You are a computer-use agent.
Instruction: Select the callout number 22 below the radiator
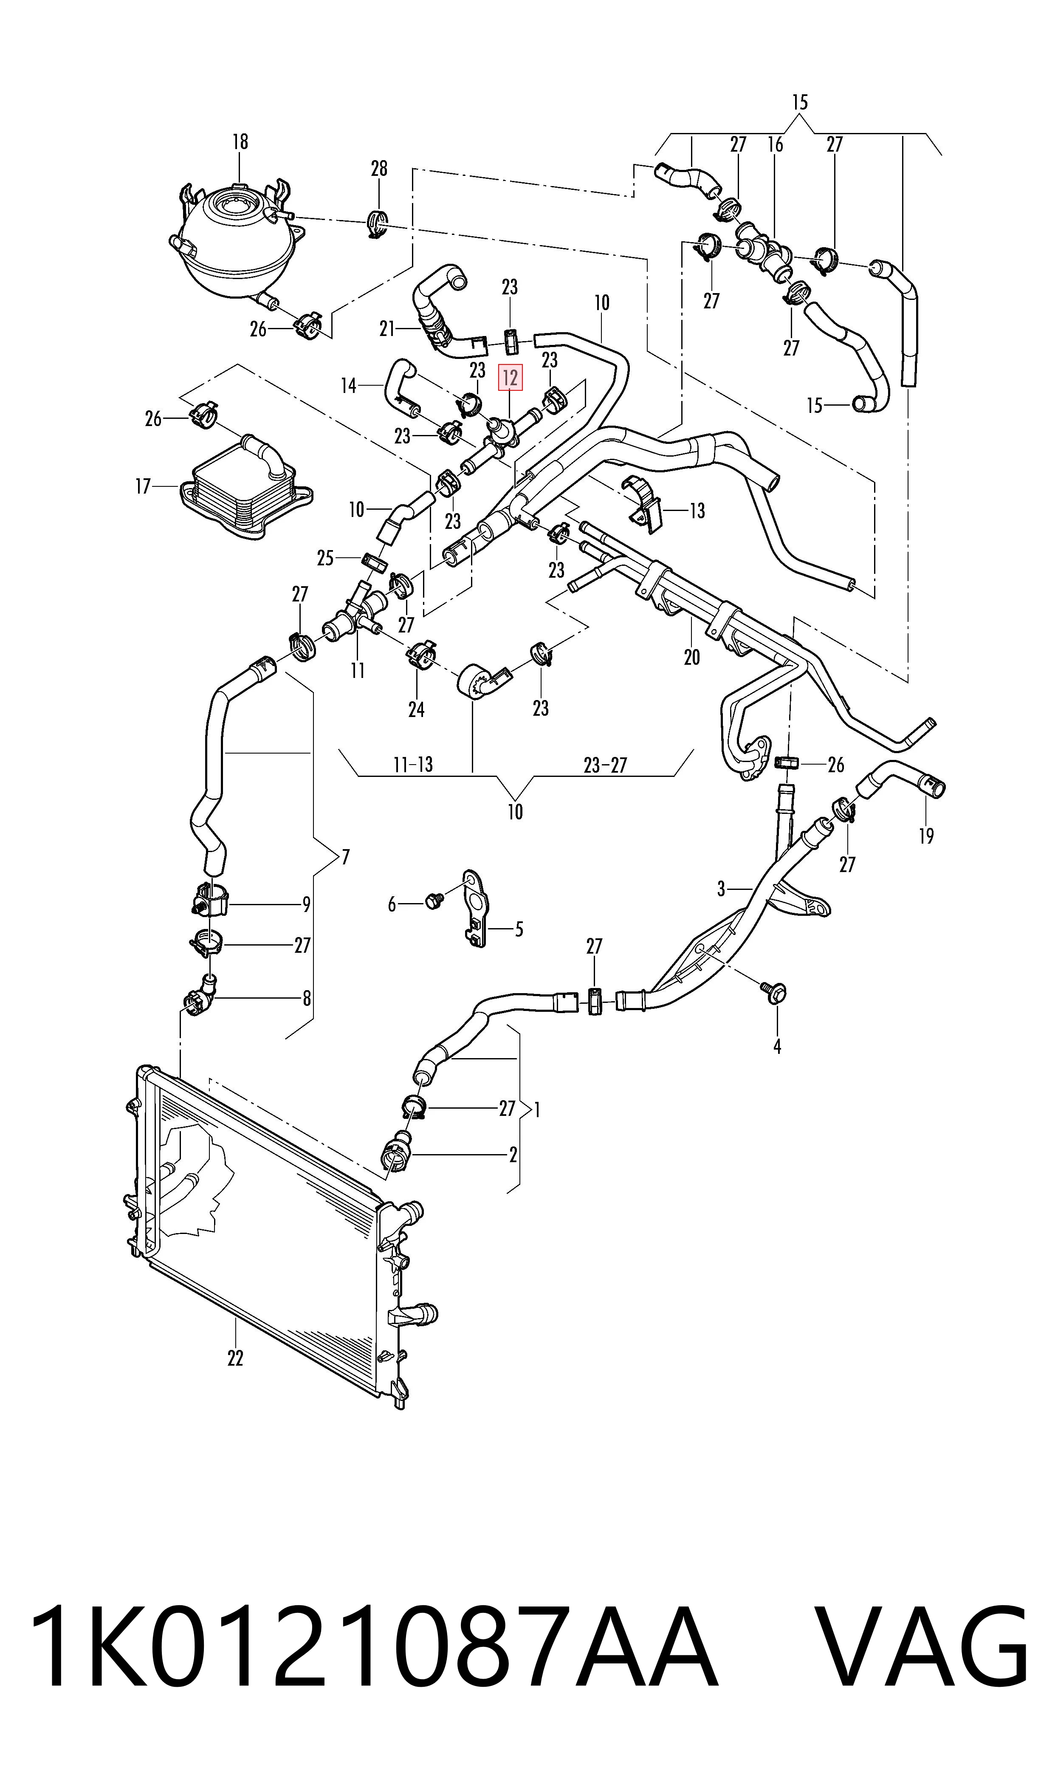click(x=235, y=1358)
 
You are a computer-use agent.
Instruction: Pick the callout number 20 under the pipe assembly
click(x=692, y=657)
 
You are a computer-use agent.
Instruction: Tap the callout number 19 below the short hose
click(x=925, y=836)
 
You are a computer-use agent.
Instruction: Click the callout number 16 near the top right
click(x=775, y=144)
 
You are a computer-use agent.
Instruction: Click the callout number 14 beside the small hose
click(x=348, y=386)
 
